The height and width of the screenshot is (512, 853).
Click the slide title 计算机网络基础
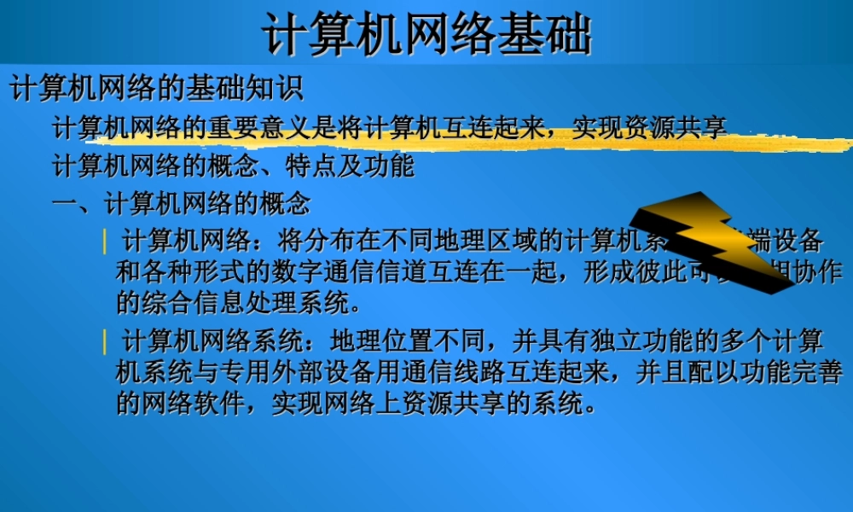pos(426,34)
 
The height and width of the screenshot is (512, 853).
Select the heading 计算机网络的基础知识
pos(156,89)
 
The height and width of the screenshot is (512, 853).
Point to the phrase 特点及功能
pos(351,166)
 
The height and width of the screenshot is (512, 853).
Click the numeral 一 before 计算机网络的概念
pos(65,204)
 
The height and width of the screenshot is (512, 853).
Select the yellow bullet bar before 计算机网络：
pos(105,241)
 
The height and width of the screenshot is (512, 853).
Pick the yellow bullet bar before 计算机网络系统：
pos(105,342)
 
